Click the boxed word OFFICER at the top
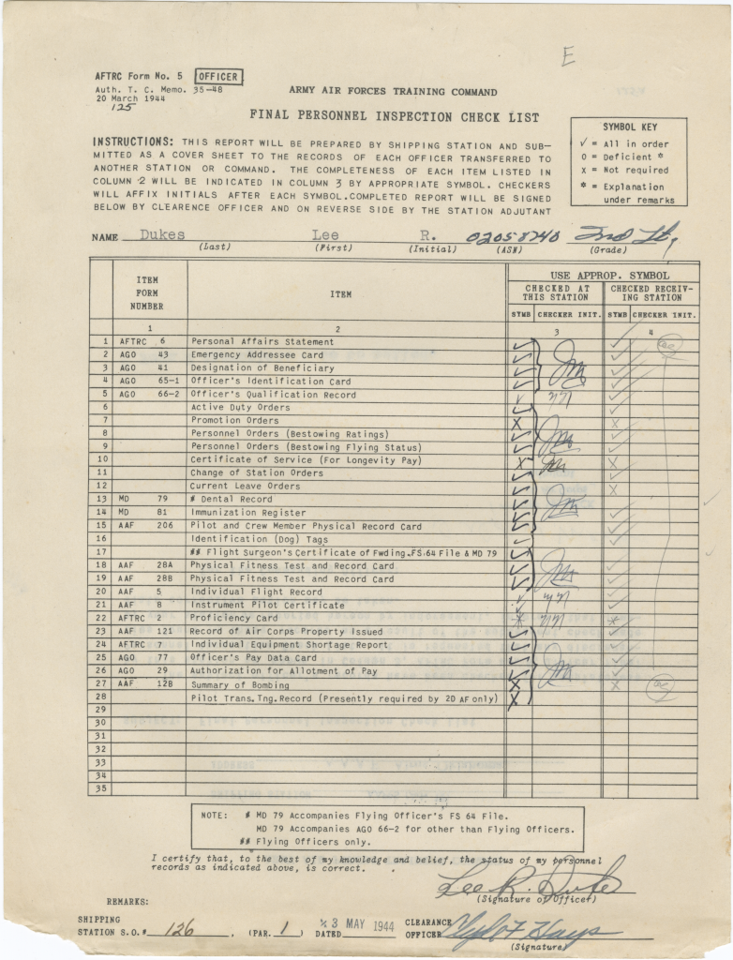[x=217, y=77]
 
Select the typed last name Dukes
[x=162, y=235]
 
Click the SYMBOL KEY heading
[x=628, y=127]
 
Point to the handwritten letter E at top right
[x=567, y=56]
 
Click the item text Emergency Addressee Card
[x=257, y=355]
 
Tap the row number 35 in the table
[x=100, y=788]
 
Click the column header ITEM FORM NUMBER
[x=147, y=292]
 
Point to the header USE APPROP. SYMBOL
[x=603, y=275]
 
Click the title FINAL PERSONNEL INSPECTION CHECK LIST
[x=394, y=117]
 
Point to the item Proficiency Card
[x=234, y=618]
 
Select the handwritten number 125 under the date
[x=122, y=108]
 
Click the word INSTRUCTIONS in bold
[x=132, y=142]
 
